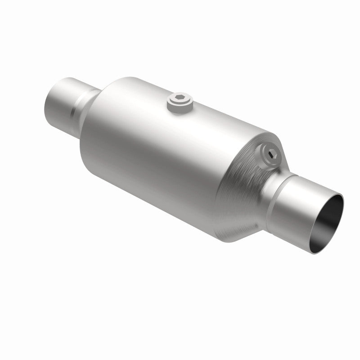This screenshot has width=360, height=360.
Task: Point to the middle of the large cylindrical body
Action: [x=171, y=148]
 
